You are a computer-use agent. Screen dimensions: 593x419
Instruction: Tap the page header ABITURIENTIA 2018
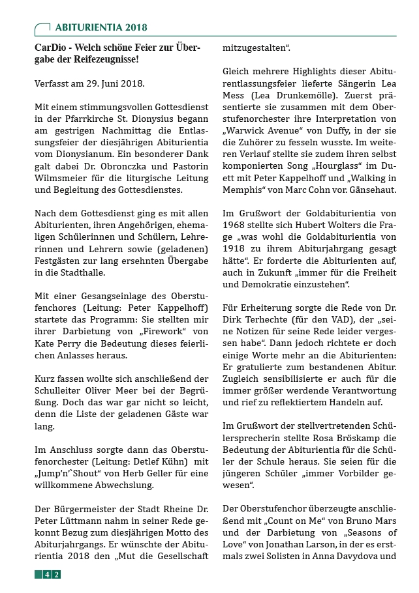[x=101, y=27]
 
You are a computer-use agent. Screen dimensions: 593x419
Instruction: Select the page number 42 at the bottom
[x=52, y=574]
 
